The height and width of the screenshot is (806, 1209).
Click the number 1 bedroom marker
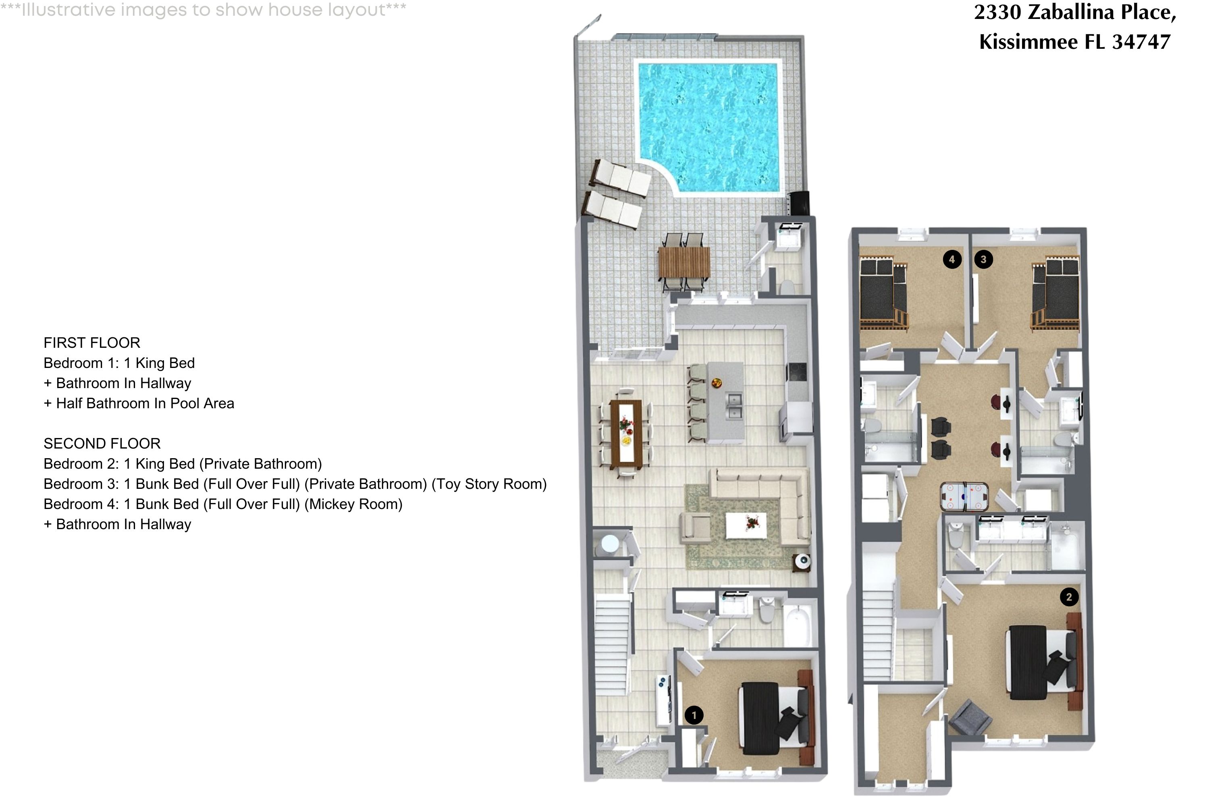click(x=694, y=715)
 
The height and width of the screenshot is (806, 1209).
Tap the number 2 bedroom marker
click(x=1069, y=597)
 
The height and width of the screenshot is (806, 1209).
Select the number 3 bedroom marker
click(x=983, y=260)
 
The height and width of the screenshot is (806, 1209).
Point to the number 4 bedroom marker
click(x=952, y=260)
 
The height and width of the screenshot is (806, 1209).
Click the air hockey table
click(x=964, y=496)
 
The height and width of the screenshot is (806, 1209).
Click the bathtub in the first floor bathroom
click(x=797, y=625)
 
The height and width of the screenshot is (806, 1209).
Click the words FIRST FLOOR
click(x=92, y=343)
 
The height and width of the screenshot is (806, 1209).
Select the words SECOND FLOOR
click(x=102, y=444)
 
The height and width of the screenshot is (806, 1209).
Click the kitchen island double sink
click(x=734, y=406)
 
